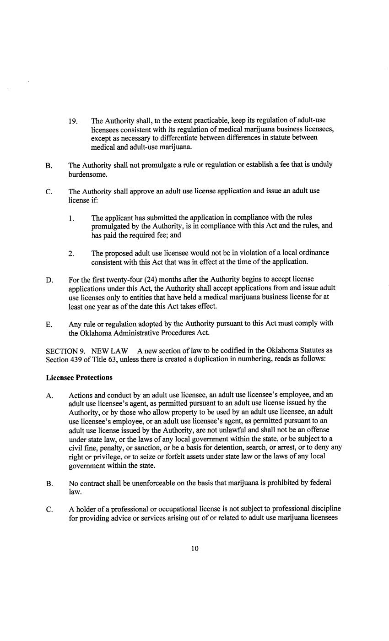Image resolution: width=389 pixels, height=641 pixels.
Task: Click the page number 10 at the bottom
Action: (x=195, y=549)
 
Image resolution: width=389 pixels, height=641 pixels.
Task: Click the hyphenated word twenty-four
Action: (x=124, y=279)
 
